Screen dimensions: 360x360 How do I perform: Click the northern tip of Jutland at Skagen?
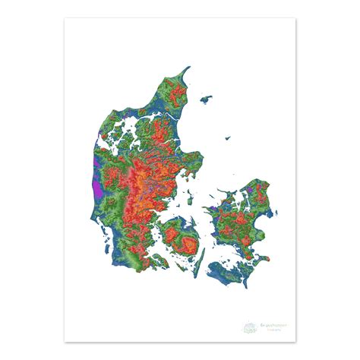[x=185, y=69]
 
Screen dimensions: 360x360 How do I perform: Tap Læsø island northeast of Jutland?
[x=205, y=98]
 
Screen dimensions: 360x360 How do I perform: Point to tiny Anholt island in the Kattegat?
[x=227, y=137]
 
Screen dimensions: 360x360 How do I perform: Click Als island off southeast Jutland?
[x=162, y=259]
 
